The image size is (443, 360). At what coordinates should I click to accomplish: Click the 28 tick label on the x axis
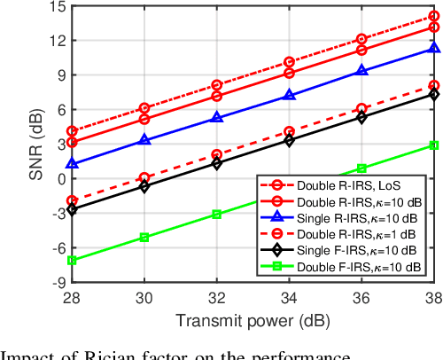click(x=73, y=299)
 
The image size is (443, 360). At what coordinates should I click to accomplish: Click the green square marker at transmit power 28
click(x=73, y=260)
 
